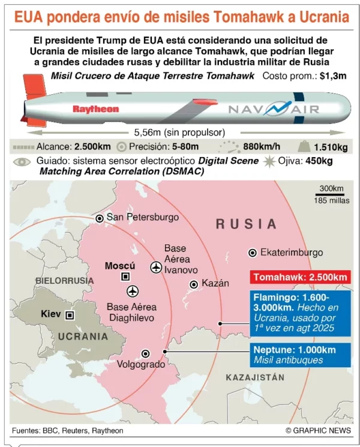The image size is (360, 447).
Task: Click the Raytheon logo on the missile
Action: click(96, 109)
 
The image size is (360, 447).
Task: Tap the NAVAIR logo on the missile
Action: click(273, 109)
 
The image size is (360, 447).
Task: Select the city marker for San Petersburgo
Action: click(100, 218)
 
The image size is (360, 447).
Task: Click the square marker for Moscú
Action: click(125, 276)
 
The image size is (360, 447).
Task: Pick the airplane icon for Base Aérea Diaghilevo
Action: click(133, 291)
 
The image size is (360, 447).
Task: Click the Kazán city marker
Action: click(193, 284)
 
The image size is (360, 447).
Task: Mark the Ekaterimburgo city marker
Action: click(252, 253)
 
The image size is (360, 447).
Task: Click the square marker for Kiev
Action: click(70, 314)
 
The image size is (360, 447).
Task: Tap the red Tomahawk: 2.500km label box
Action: click(300, 277)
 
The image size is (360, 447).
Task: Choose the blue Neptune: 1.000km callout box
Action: click(300, 354)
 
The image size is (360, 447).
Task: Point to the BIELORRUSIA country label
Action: click(65, 280)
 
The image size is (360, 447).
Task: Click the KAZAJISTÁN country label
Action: click(255, 377)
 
